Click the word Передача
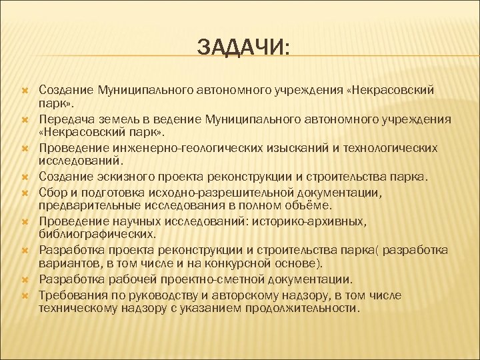(x=65, y=119)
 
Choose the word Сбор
(x=52, y=192)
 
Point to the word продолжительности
(x=303, y=308)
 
